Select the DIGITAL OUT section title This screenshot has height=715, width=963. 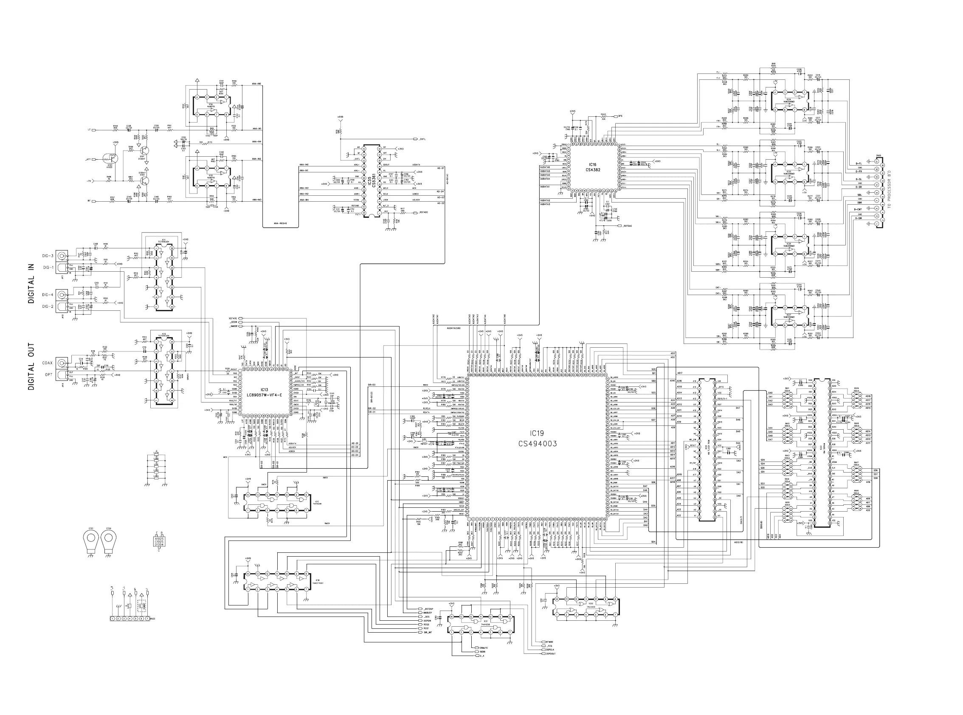pyautogui.click(x=31, y=366)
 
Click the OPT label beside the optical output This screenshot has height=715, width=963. pyautogui.click(x=48, y=375)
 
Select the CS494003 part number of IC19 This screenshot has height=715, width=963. pyautogui.click(x=538, y=444)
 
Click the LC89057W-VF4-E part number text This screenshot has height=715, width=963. pyautogui.click(x=264, y=395)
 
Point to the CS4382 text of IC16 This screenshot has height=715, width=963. pyautogui.click(x=592, y=170)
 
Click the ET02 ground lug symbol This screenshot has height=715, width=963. pyautogui.click(x=109, y=541)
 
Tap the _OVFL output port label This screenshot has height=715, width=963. pyautogui.click(x=421, y=139)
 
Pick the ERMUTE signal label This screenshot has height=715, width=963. pyautogui.click(x=484, y=647)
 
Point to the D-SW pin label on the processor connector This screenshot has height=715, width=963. pyautogui.click(x=859, y=218)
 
